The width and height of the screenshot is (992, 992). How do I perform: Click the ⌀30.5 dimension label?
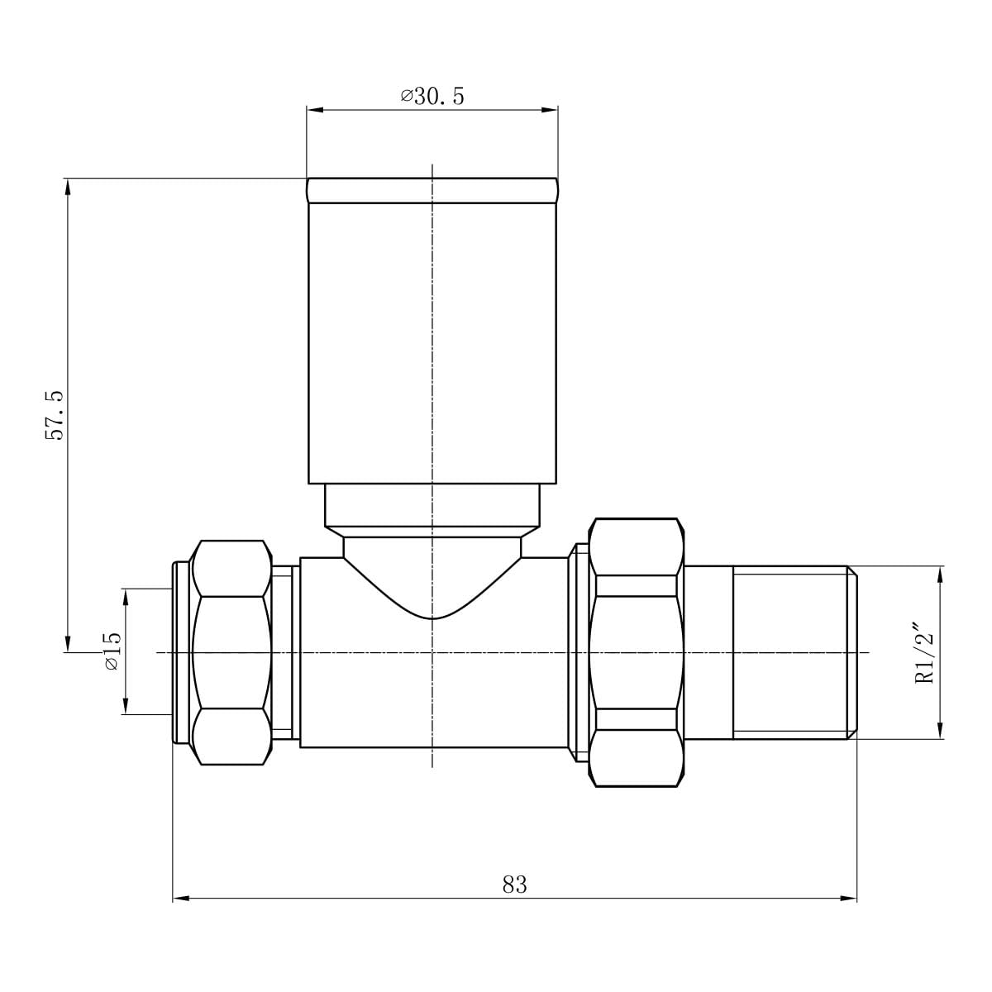click(432, 96)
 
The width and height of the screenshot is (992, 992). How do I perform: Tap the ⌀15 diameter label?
click(112, 651)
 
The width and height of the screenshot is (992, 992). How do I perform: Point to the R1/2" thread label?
click(924, 654)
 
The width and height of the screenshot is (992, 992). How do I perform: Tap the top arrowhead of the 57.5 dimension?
click(68, 187)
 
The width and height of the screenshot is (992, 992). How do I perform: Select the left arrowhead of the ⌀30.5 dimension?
click(315, 110)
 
